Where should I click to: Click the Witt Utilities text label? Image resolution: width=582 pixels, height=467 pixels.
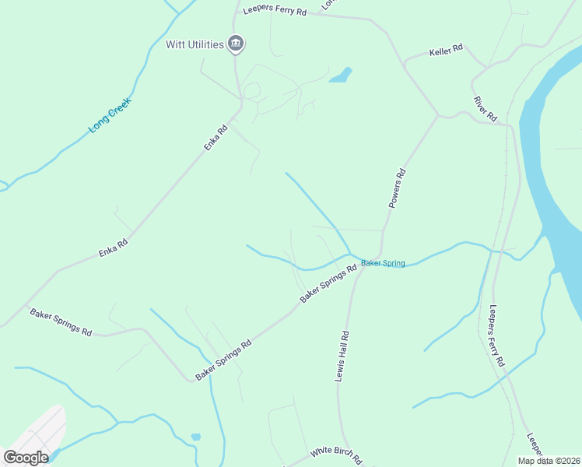point(195,44)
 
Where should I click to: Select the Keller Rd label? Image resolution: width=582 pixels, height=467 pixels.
point(446,51)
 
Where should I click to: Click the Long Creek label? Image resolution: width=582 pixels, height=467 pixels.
point(110,115)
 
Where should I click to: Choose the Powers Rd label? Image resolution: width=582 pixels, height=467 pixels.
point(398,188)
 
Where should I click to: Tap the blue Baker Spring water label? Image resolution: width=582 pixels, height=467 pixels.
point(383,264)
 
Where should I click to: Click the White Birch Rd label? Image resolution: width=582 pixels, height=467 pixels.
point(336,455)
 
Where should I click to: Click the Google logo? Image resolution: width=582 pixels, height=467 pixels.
point(26,458)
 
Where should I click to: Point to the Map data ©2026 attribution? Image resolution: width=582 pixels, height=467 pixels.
point(548,461)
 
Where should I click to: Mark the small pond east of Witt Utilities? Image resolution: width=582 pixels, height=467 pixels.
point(340,75)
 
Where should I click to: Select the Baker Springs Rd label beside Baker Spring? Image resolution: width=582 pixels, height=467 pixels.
point(328,284)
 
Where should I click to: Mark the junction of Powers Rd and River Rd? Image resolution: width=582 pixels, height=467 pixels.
point(439,116)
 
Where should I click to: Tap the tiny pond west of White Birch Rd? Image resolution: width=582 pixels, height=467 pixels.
point(195,437)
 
